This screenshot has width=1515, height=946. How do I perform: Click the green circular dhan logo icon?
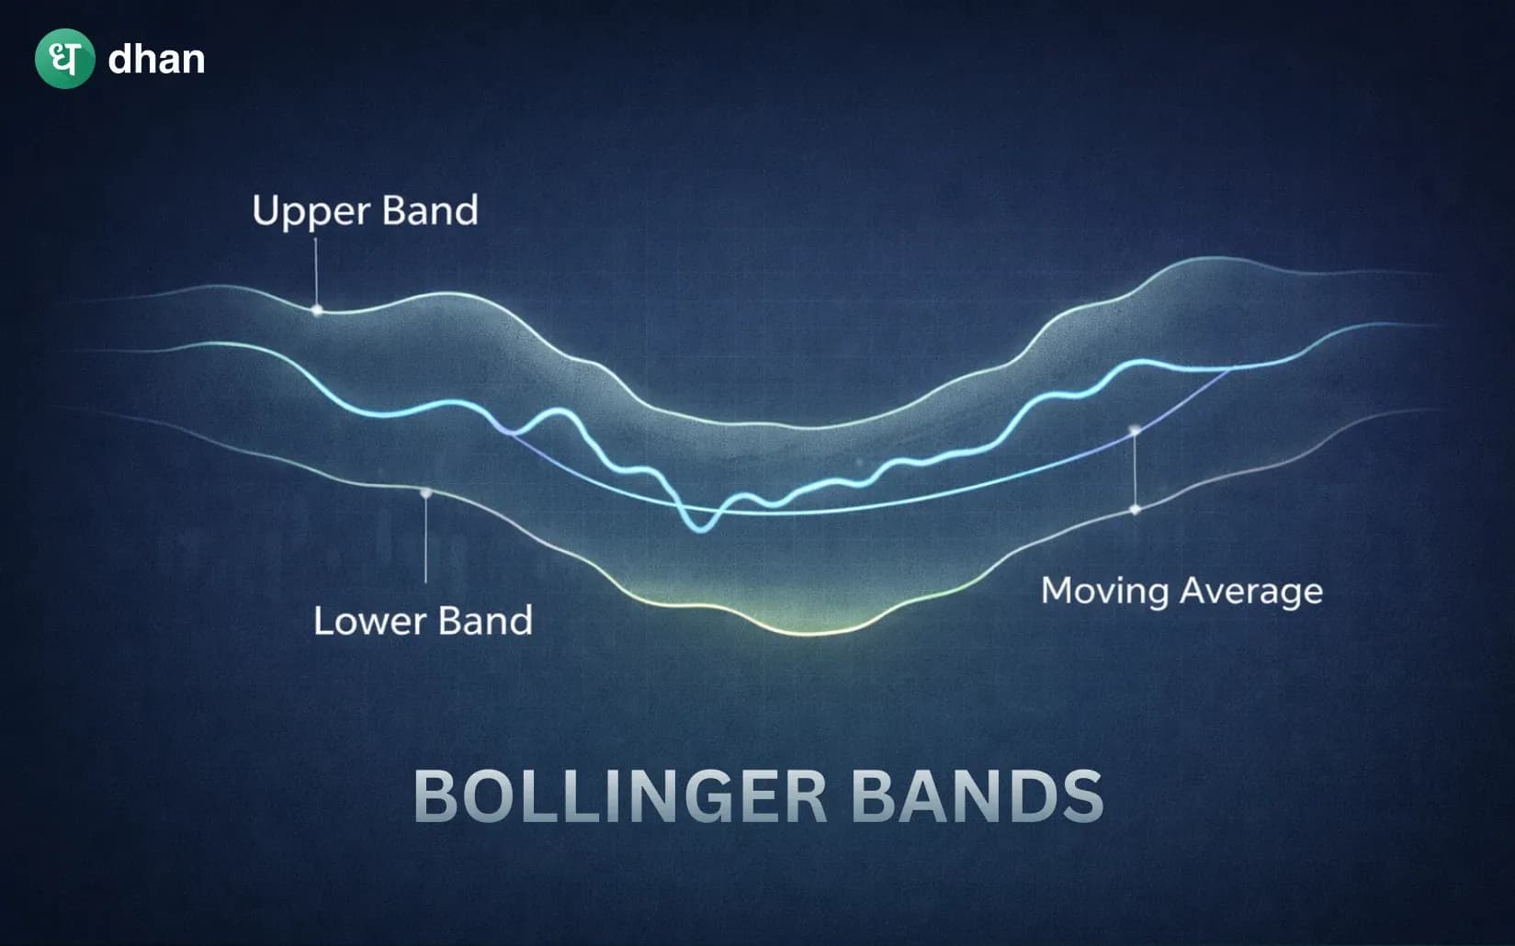tap(64, 59)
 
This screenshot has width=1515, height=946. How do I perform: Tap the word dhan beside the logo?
tap(156, 60)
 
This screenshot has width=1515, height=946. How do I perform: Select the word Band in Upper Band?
tap(430, 210)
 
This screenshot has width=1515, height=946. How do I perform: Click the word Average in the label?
tap(1251, 591)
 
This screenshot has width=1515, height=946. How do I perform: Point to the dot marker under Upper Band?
tap(317, 310)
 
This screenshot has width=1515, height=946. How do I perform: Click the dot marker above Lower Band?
tap(425, 493)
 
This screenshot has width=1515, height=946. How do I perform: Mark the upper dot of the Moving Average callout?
tap(1135, 430)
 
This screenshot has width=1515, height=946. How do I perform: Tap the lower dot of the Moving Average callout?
tap(1135, 509)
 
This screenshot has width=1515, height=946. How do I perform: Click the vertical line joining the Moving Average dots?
tap(1135, 469)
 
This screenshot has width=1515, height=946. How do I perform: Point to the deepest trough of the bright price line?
tap(702, 529)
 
